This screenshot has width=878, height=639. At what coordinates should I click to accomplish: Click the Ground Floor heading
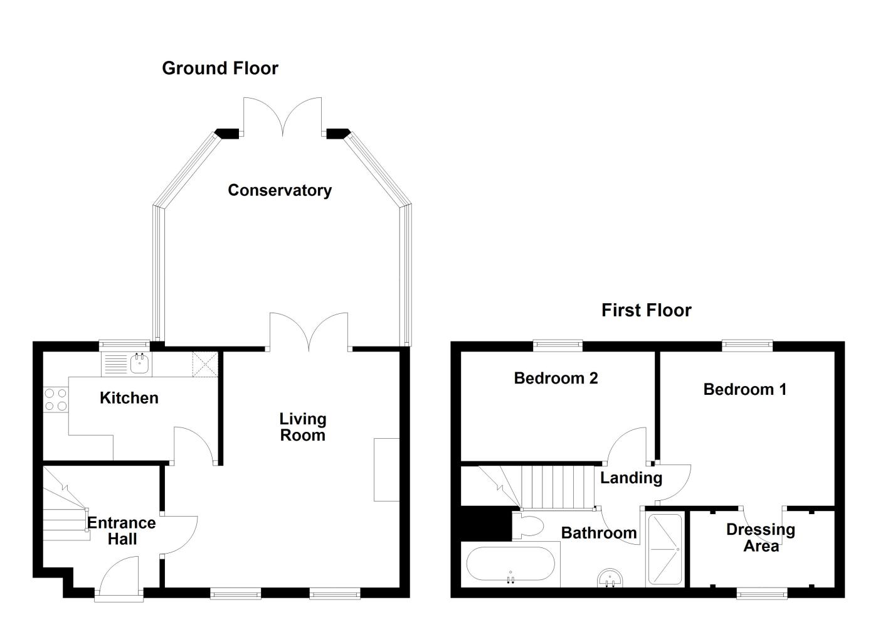(219, 68)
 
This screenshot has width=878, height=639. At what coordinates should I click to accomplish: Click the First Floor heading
(646, 310)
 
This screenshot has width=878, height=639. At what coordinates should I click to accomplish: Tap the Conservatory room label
(279, 190)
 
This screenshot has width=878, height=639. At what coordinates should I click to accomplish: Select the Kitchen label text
(129, 398)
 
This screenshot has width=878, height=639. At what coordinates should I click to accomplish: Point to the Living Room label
(302, 427)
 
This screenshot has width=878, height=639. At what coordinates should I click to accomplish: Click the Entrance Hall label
(122, 531)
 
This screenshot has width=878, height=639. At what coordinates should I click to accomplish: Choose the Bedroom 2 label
(556, 378)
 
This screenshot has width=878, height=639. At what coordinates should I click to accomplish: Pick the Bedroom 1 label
(744, 389)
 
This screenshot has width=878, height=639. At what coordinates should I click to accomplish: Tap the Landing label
(631, 478)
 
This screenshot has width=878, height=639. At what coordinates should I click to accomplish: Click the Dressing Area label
(760, 537)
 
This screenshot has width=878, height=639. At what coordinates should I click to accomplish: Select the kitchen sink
(139, 363)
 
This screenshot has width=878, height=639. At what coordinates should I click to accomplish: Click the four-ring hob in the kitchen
(55, 399)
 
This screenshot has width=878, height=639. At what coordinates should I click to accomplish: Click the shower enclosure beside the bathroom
(665, 550)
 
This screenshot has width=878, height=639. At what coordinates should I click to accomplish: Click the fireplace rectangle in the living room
(386, 469)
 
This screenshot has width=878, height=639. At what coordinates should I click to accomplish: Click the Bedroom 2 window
(558, 344)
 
